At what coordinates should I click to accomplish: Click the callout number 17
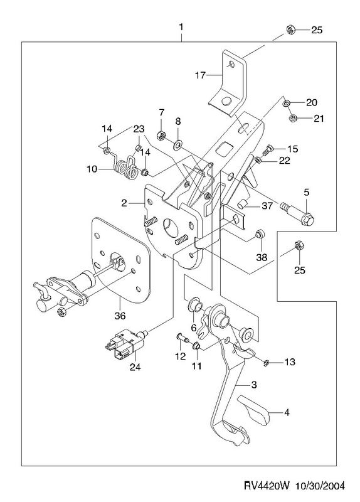[200, 75]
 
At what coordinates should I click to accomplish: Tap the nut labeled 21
[292, 119]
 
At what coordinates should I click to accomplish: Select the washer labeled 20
[287, 103]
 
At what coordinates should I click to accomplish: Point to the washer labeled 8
[177, 145]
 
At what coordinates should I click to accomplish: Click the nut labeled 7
[162, 136]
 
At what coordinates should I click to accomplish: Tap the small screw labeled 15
[268, 149]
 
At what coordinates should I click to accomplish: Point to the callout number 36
[120, 316]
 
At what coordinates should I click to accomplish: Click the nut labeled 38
[259, 233]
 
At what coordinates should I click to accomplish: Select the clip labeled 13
[267, 363]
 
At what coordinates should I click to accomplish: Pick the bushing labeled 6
[195, 304]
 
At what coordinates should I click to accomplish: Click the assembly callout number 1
[181, 27]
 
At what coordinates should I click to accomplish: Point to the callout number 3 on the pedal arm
[254, 385]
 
